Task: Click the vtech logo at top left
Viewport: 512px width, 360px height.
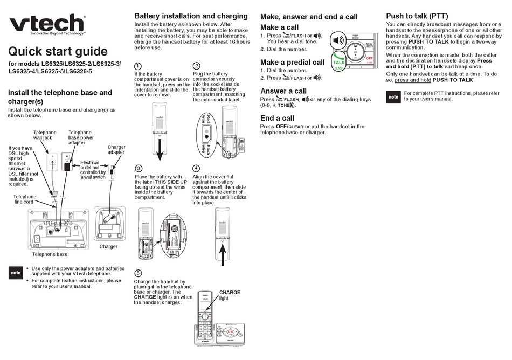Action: tap(47, 24)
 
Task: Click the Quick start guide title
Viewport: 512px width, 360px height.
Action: tap(58, 52)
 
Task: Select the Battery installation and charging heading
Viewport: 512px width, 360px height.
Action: tap(191, 16)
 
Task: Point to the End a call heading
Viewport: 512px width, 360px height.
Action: tap(277, 118)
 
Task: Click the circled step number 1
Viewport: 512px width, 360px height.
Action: tap(138, 66)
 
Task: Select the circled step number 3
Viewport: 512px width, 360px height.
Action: tap(138, 168)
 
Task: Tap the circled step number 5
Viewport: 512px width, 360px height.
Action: tap(138, 273)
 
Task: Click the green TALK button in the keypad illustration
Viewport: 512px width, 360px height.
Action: tap(339, 60)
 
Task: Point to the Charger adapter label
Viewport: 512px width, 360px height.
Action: tap(116, 150)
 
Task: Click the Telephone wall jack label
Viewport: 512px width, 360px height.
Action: tap(45, 135)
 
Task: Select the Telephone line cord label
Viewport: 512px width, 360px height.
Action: tap(25, 199)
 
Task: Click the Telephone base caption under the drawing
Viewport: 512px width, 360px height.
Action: tap(50, 254)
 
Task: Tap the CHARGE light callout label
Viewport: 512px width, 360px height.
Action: tap(229, 295)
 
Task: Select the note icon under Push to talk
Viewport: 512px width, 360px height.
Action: tap(393, 97)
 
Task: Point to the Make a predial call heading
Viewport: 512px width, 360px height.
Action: tap(292, 62)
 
